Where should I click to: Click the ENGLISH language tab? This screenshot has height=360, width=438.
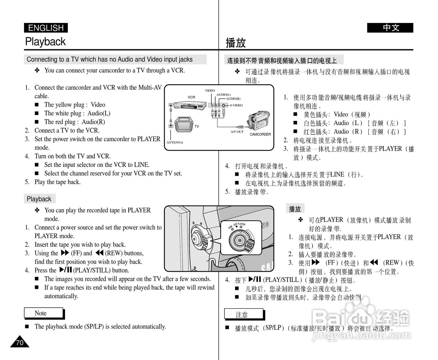click(46, 28)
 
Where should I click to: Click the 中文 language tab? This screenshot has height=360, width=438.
click(390, 28)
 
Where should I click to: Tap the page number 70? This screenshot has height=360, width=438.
click(20, 343)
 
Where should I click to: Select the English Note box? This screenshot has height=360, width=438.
click(43, 313)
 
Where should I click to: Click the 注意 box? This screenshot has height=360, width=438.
click(244, 314)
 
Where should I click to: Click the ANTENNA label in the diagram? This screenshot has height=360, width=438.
click(175, 142)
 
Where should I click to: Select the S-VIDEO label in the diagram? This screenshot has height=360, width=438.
click(236, 105)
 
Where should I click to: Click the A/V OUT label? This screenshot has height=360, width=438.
click(237, 131)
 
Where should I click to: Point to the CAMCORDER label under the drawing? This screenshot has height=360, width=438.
click(260, 134)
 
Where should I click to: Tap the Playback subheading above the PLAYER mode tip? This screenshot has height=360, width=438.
click(39, 199)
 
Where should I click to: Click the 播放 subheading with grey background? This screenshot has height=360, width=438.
click(295, 209)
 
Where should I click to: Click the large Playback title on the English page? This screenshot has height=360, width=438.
click(45, 42)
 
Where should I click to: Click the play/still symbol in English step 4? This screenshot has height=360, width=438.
click(65, 270)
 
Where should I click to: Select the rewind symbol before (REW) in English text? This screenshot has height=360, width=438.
click(99, 253)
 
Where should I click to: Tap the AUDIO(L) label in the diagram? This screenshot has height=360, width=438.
click(223, 94)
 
